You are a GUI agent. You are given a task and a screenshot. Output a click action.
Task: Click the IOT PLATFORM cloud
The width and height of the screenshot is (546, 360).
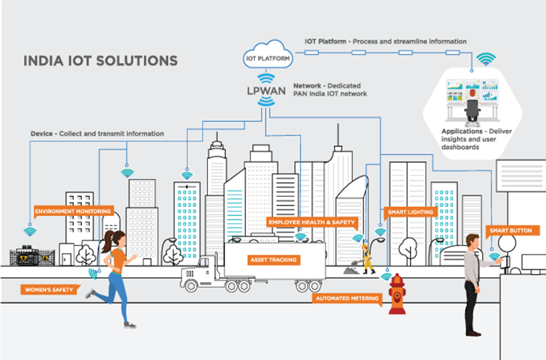point(265,54)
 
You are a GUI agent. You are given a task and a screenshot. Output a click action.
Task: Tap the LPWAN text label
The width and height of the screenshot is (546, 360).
point(266,91)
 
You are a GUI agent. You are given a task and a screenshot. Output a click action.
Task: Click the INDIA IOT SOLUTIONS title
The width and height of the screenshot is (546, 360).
point(100,60)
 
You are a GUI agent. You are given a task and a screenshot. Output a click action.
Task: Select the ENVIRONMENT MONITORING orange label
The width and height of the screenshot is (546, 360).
point(73,211)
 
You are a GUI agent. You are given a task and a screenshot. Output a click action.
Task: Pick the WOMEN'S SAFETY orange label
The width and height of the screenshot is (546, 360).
point(49,289)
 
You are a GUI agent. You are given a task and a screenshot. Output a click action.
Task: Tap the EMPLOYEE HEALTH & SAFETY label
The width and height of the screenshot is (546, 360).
point(312,222)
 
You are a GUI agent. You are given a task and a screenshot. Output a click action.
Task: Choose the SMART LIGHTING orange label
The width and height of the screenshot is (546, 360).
point(405,212)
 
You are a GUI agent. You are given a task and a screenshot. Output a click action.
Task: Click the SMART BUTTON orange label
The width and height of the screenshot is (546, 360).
point(510,231)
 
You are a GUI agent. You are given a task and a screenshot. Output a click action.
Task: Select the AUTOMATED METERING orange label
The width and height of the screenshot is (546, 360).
point(348,298)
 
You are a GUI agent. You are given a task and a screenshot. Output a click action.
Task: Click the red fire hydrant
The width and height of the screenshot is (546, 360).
point(398,295)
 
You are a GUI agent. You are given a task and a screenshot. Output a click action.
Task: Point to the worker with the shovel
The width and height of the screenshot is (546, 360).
point(366,256)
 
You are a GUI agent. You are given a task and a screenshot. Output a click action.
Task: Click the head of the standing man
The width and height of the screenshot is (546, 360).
point(471,240)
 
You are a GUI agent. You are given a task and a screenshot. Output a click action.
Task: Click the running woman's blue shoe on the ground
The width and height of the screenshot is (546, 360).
point(130,324)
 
